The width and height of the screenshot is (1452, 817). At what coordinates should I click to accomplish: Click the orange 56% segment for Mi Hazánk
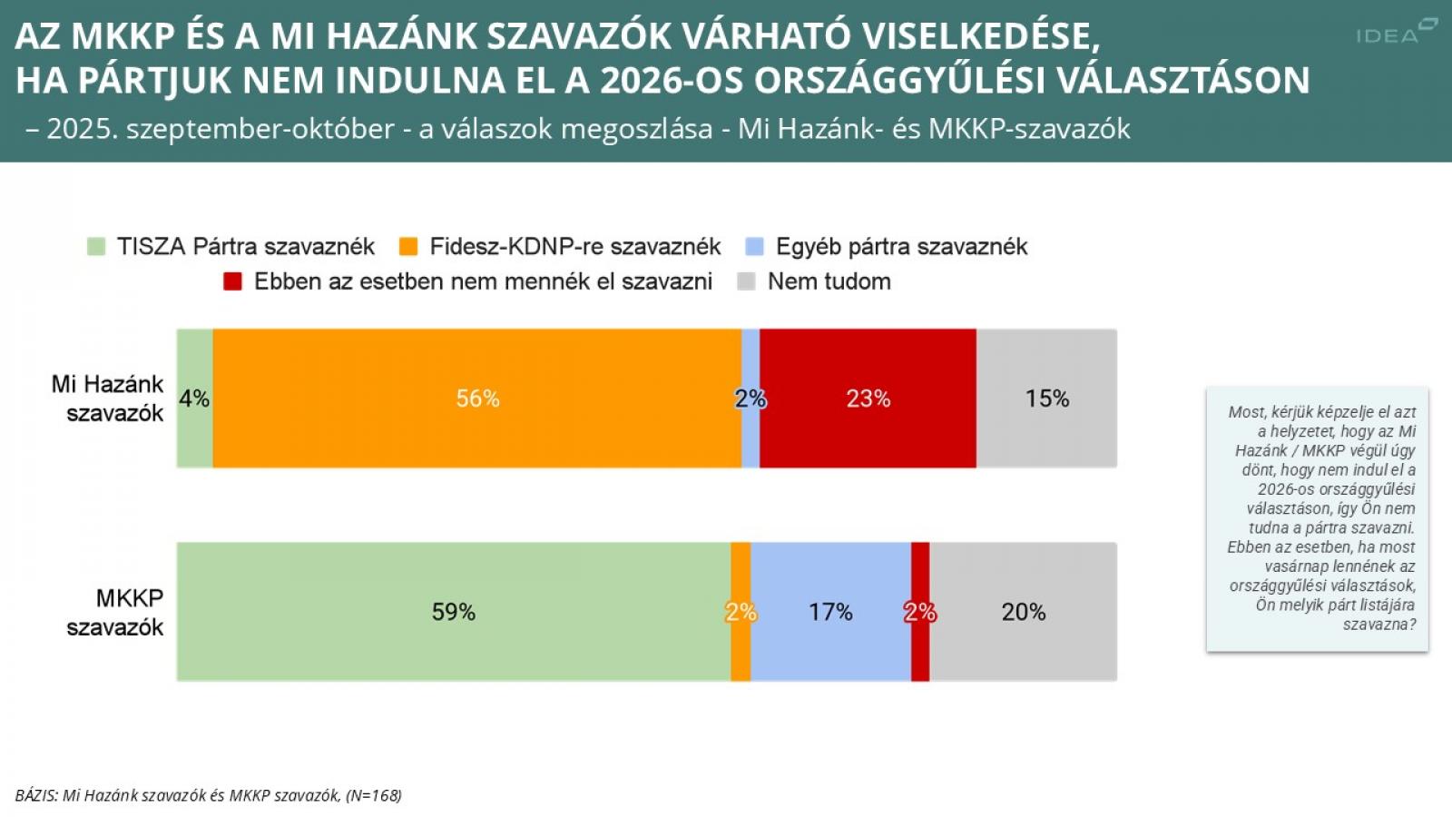point(477,399)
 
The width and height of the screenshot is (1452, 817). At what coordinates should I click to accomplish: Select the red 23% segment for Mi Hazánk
point(868,399)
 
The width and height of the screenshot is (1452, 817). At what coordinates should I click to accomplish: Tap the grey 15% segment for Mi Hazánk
point(1046,399)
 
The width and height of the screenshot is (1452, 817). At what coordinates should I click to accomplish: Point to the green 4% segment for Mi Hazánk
point(194,399)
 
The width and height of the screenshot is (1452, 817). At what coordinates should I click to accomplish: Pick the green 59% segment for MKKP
point(453,612)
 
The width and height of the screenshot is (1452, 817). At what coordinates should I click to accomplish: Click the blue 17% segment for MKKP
point(830,612)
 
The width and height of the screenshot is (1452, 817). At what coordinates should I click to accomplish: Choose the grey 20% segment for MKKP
point(1024,612)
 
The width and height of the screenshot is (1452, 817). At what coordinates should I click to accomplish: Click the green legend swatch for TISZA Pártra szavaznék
point(96,246)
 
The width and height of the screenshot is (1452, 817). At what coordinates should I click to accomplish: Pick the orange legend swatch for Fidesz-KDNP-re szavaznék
point(408,246)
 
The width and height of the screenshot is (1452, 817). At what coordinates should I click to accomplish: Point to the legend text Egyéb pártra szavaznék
point(901,246)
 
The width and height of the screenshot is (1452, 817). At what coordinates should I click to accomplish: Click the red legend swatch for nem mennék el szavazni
point(232,281)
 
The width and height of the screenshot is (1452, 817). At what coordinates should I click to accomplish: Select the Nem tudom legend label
point(829,281)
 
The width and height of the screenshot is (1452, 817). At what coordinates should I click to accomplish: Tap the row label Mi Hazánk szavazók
point(108,399)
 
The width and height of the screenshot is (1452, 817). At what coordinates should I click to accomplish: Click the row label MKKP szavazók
point(115,612)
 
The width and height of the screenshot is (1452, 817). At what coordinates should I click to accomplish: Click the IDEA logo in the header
point(1396,32)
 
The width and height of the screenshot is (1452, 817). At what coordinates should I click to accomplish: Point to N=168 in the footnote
point(374,795)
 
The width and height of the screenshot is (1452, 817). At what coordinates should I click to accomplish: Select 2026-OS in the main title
point(672,80)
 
